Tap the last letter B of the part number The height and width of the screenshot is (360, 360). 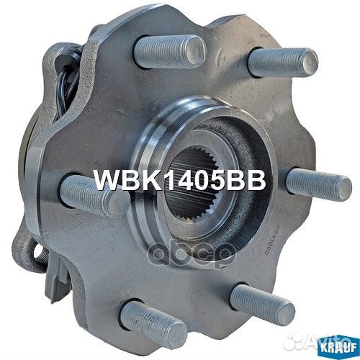pos(256,181)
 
